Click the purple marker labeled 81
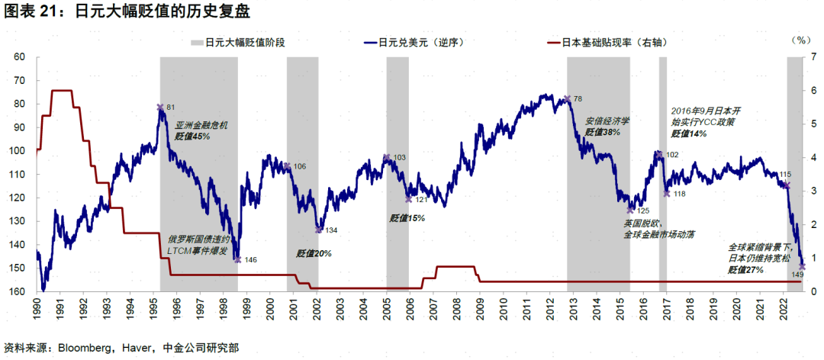tap(160, 108)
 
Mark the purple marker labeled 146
tap(237, 259)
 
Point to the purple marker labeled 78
tap(567, 98)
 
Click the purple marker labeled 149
tap(801, 265)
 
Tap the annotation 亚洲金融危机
tap(201, 125)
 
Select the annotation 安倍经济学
tap(607, 121)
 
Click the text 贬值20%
tap(314, 253)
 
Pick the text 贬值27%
tap(745, 269)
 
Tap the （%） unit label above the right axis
tap(802, 39)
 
